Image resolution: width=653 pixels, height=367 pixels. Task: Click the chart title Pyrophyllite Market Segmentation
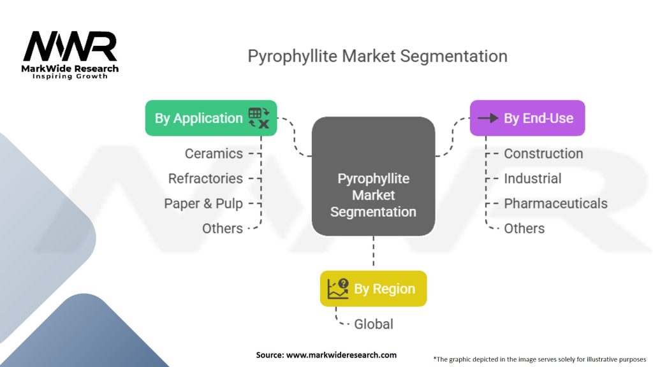pos(378,56)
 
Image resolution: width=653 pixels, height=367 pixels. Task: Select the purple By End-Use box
pos(527,118)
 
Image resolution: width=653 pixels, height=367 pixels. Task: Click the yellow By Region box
pos(373,289)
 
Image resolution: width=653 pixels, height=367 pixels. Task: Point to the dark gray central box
pos(373,175)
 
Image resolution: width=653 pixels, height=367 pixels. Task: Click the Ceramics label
pos(214,154)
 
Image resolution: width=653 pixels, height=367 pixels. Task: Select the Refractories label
pos(205,178)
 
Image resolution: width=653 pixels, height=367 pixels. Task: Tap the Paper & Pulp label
pos(203,203)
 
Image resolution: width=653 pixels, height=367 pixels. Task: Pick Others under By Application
pos(223,228)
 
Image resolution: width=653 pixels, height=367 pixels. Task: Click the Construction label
pos(543,154)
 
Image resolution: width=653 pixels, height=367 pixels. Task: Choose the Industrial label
pos(532,178)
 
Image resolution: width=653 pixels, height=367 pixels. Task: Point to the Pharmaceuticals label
pos(555,203)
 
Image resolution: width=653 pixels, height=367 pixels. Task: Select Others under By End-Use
pos(524,228)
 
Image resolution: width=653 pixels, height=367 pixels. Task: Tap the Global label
pos(374,324)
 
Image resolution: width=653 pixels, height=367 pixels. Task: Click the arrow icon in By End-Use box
pos(488,118)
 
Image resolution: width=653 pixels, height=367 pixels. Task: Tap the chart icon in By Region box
pos(338,289)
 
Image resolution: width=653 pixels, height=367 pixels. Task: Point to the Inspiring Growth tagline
pos(70,76)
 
